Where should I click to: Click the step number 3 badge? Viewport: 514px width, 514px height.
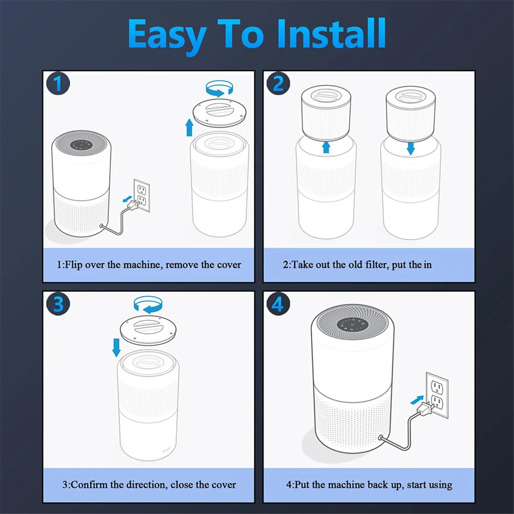[x=58, y=305]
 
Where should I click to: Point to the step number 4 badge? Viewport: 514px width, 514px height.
[x=278, y=305]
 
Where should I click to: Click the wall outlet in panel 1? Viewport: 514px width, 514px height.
[x=142, y=195]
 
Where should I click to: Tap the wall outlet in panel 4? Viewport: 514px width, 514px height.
[x=437, y=395]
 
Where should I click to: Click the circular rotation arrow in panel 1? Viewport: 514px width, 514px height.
[x=220, y=89]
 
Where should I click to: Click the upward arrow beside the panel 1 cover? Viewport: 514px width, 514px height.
[x=189, y=128]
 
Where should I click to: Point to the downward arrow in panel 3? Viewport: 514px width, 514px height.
[x=117, y=347]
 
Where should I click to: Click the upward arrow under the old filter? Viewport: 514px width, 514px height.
[x=326, y=147]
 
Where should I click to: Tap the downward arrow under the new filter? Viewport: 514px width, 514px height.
[x=411, y=149]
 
